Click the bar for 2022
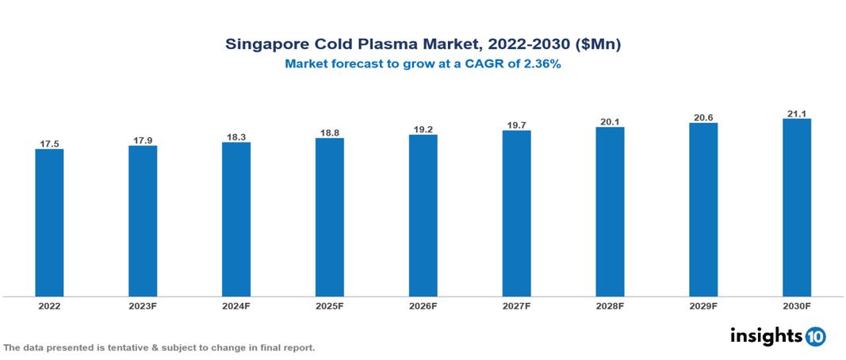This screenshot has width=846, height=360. coord(49,223)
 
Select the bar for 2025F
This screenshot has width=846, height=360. coord(329,217)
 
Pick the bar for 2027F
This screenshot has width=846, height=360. coord(516,213)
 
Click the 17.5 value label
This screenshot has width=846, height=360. coord(49,144)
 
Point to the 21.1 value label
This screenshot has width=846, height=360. coord(796,113)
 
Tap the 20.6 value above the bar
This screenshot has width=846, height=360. coord(703,117)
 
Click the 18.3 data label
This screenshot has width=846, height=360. coord(236,137)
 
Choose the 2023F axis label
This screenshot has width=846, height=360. coord(143,306)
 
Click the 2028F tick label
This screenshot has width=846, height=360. coord(610,306)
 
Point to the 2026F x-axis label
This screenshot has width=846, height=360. coord(423,306)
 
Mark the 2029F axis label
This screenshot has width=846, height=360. coord(703,306)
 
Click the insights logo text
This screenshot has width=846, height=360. coord(765,335)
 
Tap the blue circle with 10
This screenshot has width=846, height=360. coord(815,336)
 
